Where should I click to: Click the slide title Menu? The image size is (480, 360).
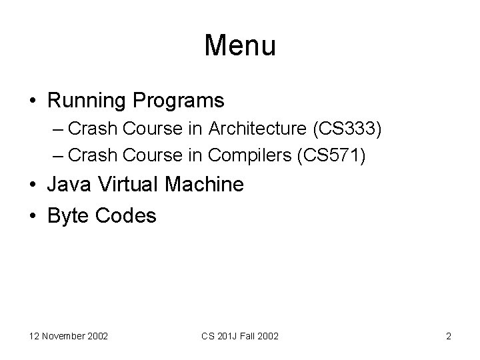pos(240,45)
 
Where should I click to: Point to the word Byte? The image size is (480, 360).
pos(69,215)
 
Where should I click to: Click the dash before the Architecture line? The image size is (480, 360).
pos(58,128)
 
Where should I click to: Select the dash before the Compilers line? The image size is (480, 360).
pos(58,155)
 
